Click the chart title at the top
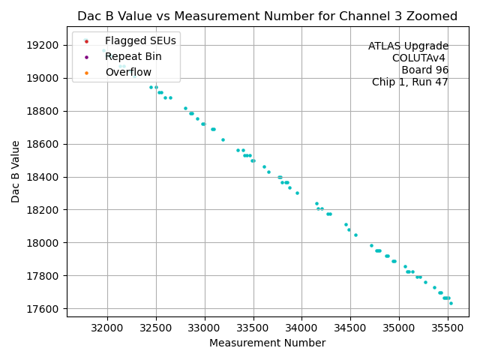[x=268, y=16]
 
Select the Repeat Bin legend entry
[x=133, y=56]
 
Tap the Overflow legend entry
[x=128, y=72]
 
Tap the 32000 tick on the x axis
[x=106, y=328]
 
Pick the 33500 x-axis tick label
[x=253, y=328]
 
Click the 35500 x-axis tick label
[x=448, y=328]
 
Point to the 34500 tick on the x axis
[x=350, y=328]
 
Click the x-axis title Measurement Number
[x=268, y=343]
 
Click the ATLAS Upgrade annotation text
[x=408, y=46]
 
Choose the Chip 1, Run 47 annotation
[x=410, y=82]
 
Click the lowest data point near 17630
[x=451, y=304]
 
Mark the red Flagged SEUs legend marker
[x=86, y=40]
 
